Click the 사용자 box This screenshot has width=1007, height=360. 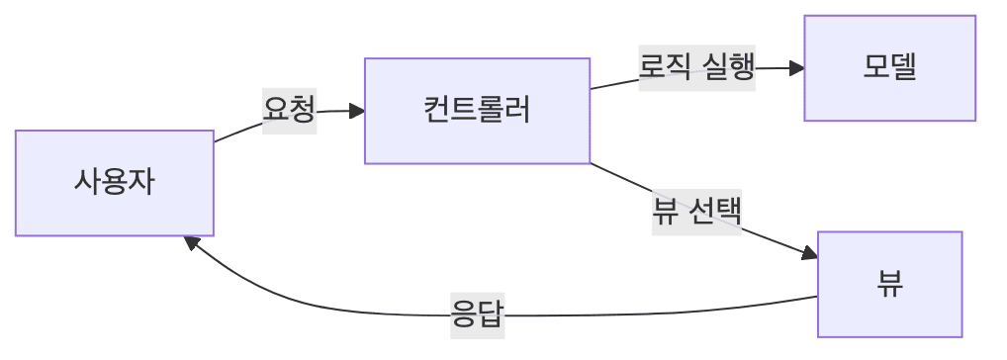pyautogui.click(x=114, y=183)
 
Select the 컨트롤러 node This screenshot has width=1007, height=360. pyautogui.click(x=477, y=110)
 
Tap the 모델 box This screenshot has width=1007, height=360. pyautogui.click(x=889, y=68)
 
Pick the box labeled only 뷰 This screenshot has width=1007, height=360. pyautogui.click(x=889, y=285)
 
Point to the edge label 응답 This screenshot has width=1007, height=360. pyautogui.click(x=477, y=316)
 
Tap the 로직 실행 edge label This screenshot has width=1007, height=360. pyautogui.click(x=696, y=68)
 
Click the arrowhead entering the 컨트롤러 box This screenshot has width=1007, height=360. pyautogui.click(x=357, y=110)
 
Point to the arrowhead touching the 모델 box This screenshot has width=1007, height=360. pyautogui.click(x=796, y=68)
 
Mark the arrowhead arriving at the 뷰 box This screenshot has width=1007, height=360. pyautogui.click(x=810, y=255)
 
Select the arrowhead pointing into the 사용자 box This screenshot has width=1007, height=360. pyautogui.click(x=194, y=242)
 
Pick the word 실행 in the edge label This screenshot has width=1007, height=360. pyautogui.click(x=729, y=68)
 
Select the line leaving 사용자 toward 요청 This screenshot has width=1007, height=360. pyautogui.click(x=237, y=131)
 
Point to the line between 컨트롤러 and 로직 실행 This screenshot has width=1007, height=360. pyautogui.click(x=614, y=84)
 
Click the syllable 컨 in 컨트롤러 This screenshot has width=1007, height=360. pyautogui.click(x=435, y=110)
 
